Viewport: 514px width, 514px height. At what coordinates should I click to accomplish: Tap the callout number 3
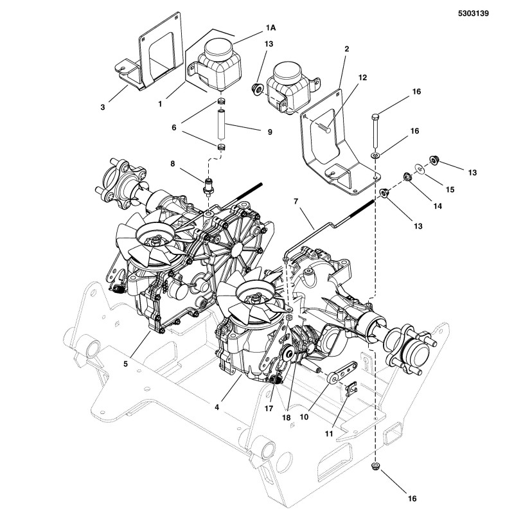point(102,107)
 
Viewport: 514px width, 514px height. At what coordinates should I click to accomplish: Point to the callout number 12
point(362,78)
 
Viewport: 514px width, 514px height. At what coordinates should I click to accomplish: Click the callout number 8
point(172,164)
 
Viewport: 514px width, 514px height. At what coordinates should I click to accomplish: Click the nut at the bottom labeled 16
point(375,467)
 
